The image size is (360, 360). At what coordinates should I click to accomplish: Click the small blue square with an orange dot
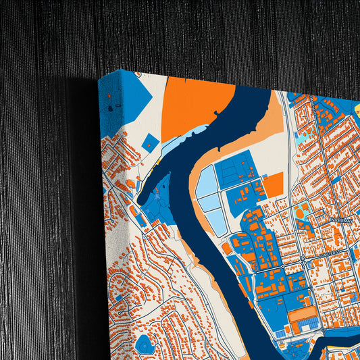point(150,143)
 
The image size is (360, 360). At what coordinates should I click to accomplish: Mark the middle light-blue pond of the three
point(210,201)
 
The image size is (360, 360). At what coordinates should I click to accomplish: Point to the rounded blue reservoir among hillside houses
point(144,344)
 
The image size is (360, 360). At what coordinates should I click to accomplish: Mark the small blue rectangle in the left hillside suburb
point(119,297)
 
